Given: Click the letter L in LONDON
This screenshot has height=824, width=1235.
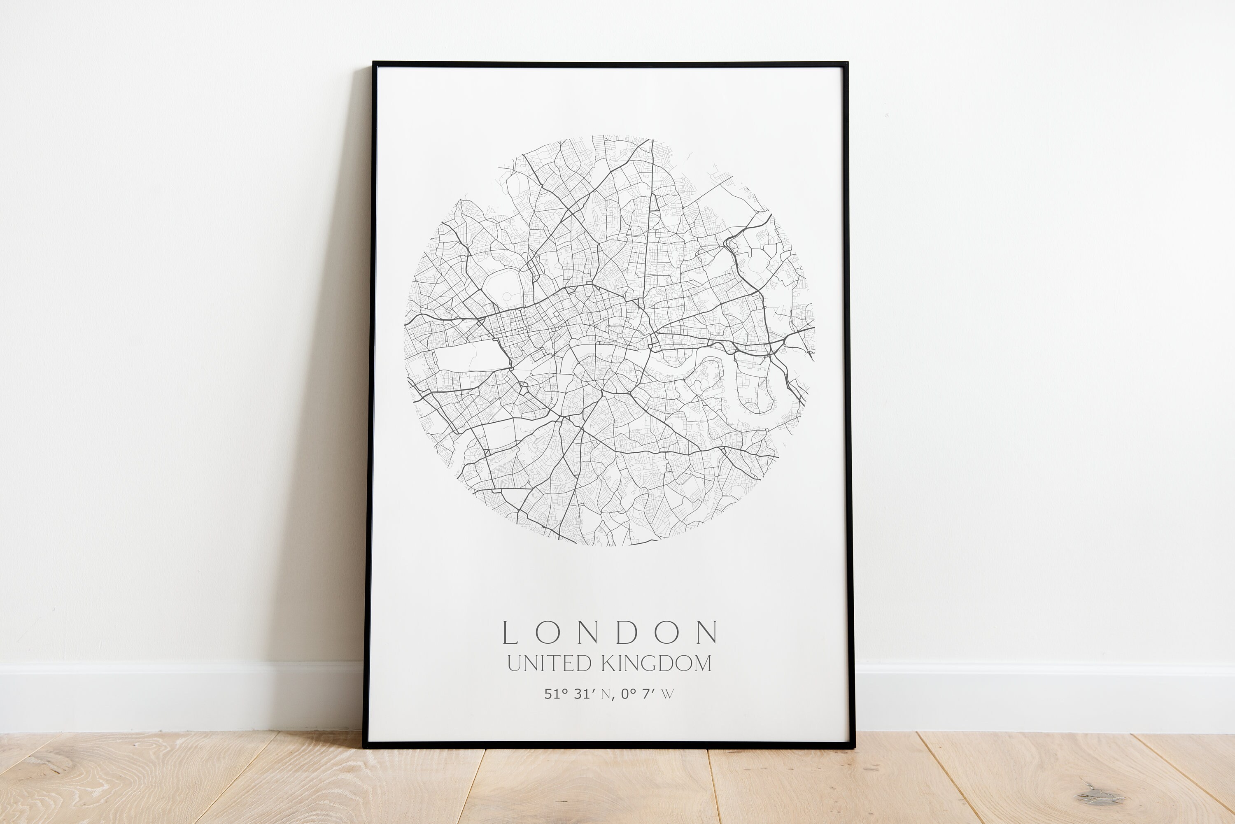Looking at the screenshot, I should (510, 633).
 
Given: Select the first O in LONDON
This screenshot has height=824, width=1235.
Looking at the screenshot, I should (548, 633).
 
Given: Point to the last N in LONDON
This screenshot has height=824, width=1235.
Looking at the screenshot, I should (707, 633).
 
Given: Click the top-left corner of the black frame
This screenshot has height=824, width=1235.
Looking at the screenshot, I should (374, 63).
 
